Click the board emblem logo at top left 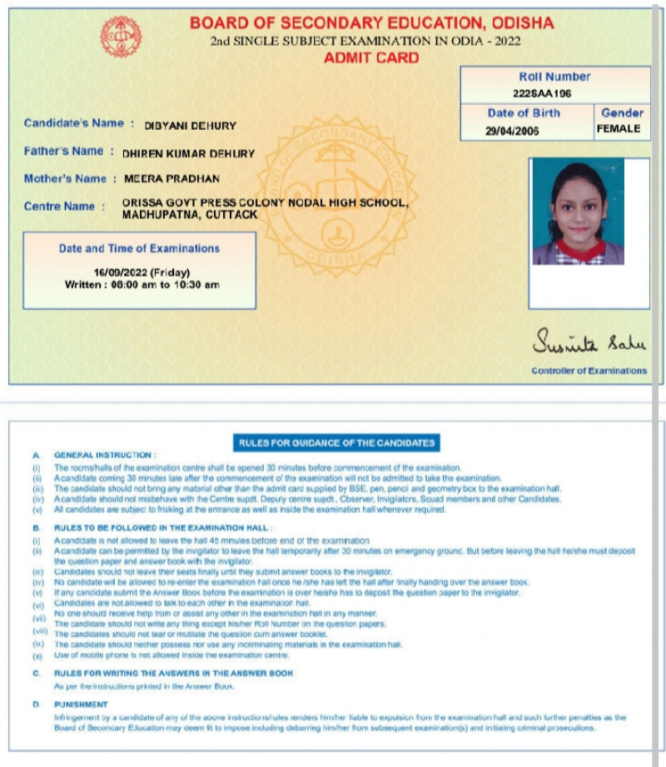(121, 37)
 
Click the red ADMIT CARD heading (371, 58)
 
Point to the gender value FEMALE (619, 129)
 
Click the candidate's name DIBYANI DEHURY (191, 126)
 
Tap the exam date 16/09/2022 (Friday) (142, 272)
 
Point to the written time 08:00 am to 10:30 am (142, 285)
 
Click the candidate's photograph (578, 213)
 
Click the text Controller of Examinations (589, 371)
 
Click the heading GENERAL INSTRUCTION (105, 456)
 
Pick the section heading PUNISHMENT (82, 705)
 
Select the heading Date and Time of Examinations (139, 248)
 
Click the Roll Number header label (554, 77)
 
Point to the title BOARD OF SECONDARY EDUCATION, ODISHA (371, 23)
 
